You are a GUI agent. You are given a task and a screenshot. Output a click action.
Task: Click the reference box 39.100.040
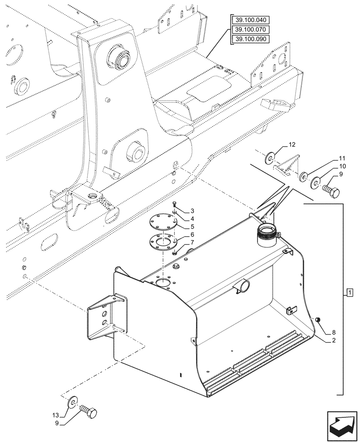(251, 20)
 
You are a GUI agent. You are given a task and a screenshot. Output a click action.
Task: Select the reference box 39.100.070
(251, 30)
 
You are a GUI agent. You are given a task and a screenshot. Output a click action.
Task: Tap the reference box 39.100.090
(251, 40)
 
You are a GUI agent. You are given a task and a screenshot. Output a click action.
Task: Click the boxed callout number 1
(349, 292)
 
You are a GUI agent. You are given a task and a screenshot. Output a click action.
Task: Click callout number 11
(342, 158)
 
